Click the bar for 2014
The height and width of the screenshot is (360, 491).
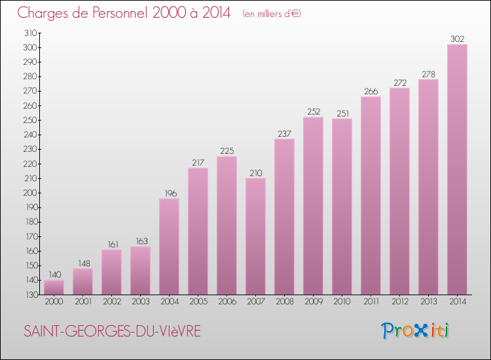(457, 170)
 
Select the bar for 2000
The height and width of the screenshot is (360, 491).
(54, 287)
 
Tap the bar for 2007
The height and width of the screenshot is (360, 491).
(255, 236)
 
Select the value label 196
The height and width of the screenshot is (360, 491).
(169, 192)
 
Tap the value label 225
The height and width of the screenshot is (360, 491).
(227, 151)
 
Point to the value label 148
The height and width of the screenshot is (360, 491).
(82, 262)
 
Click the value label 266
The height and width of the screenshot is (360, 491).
(371, 91)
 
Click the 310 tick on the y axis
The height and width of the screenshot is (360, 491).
(30, 33)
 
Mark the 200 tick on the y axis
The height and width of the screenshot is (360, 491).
(30, 193)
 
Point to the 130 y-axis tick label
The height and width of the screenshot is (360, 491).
(30, 295)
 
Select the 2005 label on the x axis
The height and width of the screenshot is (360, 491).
(198, 302)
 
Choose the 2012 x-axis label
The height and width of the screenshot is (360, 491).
(399, 302)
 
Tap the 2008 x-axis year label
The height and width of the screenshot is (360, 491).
(284, 302)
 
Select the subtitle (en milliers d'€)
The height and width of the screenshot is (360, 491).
(271, 14)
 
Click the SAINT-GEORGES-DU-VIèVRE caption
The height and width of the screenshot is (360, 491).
(111, 331)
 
